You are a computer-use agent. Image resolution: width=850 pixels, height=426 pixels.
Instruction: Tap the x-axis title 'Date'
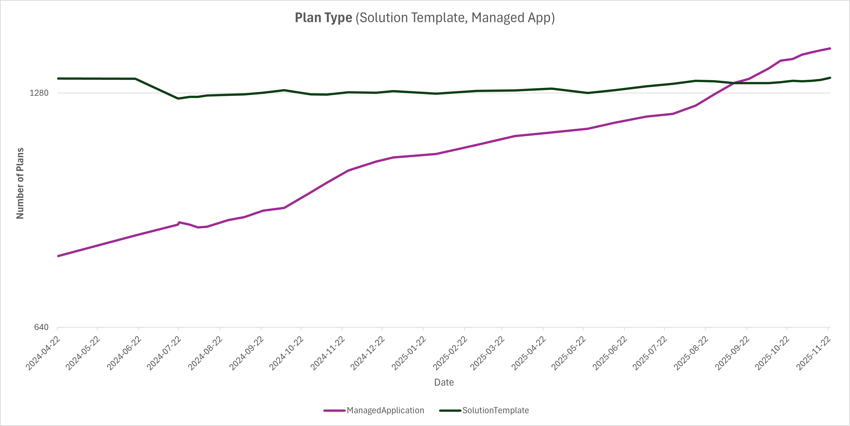(x=444, y=382)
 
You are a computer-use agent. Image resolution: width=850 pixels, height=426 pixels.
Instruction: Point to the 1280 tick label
(x=39, y=93)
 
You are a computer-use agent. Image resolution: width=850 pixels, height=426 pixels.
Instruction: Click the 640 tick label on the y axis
(x=41, y=327)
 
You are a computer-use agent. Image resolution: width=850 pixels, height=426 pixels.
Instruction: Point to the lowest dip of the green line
(x=178, y=98)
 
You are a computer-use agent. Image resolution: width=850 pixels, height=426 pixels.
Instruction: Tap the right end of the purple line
(x=830, y=48)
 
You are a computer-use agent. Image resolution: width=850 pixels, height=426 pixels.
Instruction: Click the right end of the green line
(x=830, y=78)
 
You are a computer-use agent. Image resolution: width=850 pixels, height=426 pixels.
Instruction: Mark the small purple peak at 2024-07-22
(x=179, y=222)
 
